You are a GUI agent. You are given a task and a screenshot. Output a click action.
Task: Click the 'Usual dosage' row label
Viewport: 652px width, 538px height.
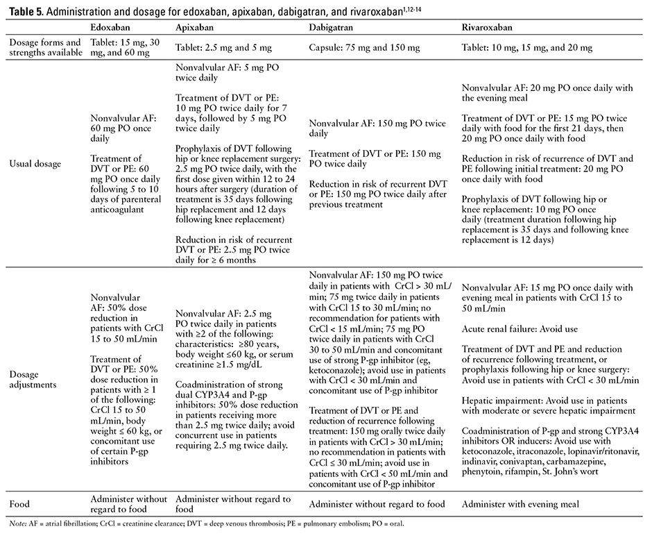click(x=35, y=164)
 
